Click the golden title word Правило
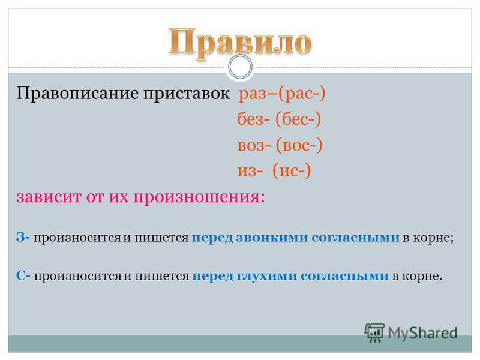[240, 43]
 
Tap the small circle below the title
[241, 67]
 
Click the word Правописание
[77, 93]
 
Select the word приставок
[187, 94]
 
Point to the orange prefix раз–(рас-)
[282, 94]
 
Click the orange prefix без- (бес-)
[279, 119]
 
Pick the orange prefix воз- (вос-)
[280, 145]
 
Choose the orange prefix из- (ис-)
[274, 170]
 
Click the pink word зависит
[49, 197]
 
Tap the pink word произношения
[199, 197]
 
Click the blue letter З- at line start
[23, 237]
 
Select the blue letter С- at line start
[23, 276]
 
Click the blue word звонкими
[272, 237]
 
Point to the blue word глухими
[267, 276]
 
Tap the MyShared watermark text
[423, 333]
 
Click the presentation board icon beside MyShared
[374, 332]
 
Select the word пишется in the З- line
[161, 238]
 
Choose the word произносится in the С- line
[78, 277]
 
